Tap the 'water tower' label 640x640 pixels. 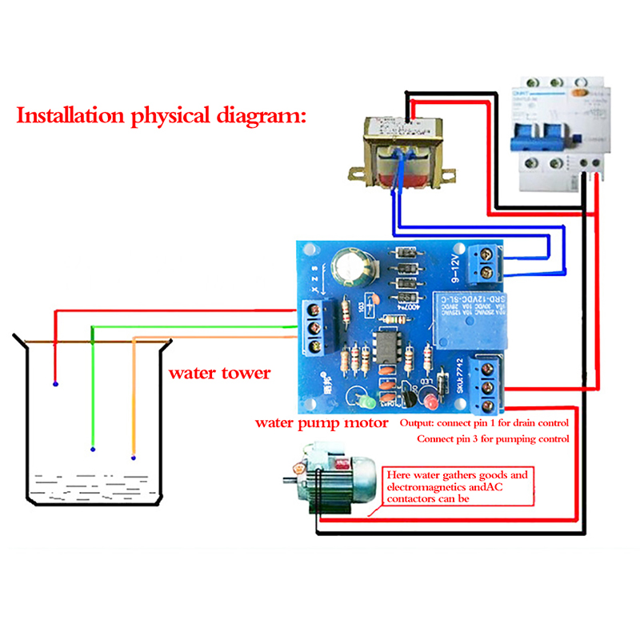(218, 373)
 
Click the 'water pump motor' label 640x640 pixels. (322, 422)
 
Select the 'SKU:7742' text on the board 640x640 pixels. (461, 376)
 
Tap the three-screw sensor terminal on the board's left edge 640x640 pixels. (316, 329)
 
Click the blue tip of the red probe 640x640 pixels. (55, 384)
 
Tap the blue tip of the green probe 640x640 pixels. (93, 449)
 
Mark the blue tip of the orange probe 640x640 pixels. (133, 458)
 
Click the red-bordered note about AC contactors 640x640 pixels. (456, 486)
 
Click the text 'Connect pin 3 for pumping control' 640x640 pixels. (493, 439)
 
